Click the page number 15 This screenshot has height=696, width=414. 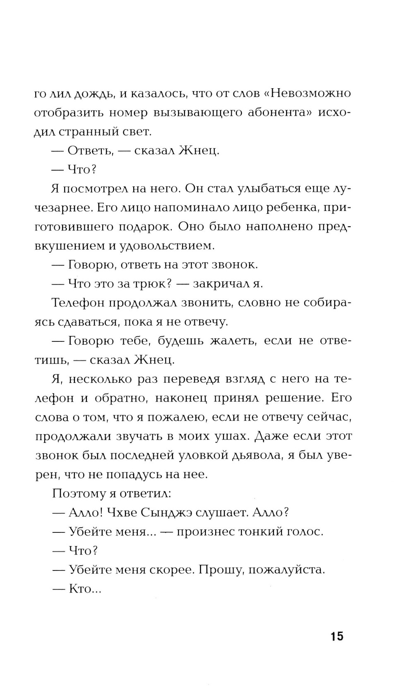pos(337,636)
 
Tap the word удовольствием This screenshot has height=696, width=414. pos(167,246)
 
